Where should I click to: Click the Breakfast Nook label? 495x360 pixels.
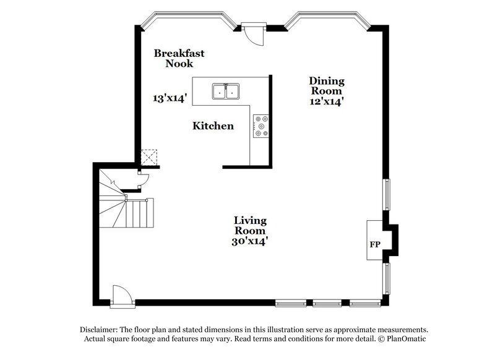(179, 58)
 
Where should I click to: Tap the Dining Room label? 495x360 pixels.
(327, 86)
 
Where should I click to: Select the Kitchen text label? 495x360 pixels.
(213, 126)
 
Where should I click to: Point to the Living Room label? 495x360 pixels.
(250, 226)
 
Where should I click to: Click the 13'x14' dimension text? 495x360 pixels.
(169, 97)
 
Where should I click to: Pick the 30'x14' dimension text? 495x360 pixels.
(250, 242)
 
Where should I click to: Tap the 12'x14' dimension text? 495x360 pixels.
(327, 102)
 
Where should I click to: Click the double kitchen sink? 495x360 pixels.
(226, 92)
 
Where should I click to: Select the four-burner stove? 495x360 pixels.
(260, 126)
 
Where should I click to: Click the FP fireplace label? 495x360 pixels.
(374, 244)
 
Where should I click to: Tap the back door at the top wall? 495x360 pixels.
(253, 32)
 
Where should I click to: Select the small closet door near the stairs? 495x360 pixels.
(142, 181)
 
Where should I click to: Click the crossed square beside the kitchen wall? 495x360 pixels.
(149, 156)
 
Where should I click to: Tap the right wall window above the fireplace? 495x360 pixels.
(387, 194)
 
